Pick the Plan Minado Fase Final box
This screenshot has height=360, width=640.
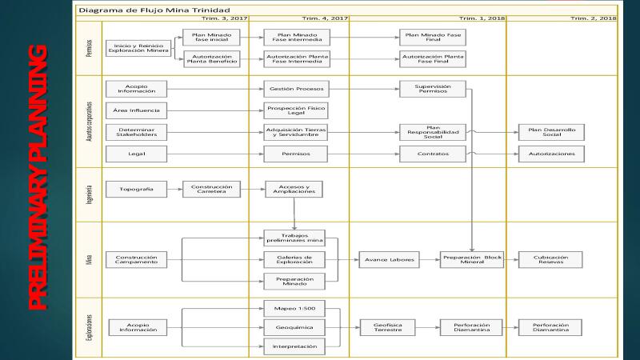[x=433, y=38]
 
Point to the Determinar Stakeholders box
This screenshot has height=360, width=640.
[x=136, y=131]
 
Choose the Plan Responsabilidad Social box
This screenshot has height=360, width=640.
[x=433, y=131]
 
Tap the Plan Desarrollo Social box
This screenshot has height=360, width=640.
[x=551, y=131]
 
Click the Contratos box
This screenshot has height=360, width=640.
[x=433, y=153]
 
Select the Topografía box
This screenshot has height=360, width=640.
[x=136, y=190]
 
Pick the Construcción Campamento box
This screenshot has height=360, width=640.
[x=136, y=259]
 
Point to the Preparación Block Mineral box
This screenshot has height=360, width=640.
[x=472, y=259]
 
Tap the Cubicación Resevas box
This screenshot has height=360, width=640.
[x=551, y=259]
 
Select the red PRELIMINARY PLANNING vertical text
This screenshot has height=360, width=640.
[x=36, y=179]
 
